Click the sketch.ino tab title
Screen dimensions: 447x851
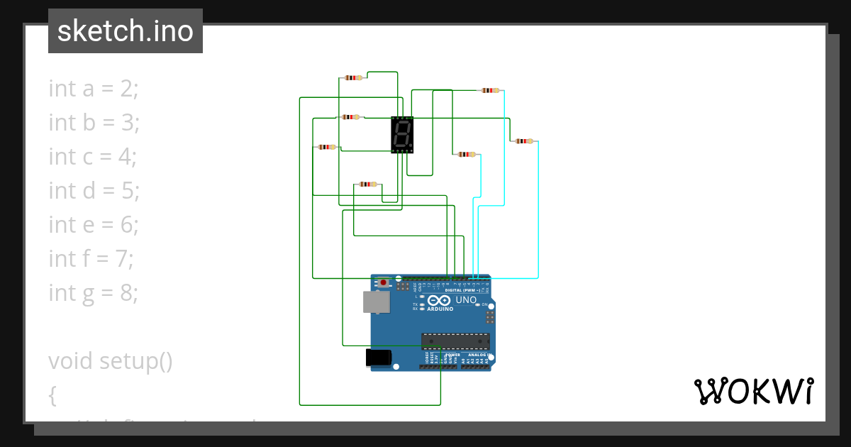tap(126, 31)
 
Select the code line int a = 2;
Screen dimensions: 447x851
tap(93, 89)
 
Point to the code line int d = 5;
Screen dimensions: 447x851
tap(94, 191)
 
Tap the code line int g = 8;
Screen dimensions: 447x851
tap(94, 292)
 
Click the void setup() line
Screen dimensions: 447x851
tap(111, 361)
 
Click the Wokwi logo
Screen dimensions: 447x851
tap(753, 391)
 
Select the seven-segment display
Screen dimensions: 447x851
tap(402, 135)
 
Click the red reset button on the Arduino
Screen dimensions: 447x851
tap(384, 282)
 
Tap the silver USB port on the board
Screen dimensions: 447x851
tap(376, 302)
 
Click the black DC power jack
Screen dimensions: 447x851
tap(378, 358)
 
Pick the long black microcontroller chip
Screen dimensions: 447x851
tap(455, 341)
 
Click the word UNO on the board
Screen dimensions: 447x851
tap(466, 300)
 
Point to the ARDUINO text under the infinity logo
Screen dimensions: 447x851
tap(440, 309)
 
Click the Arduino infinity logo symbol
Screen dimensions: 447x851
tap(440, 300)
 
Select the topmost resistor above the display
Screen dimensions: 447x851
tap(353, 77)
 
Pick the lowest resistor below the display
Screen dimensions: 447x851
tap(367, 184)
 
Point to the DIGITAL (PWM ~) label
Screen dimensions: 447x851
tap(462, 290)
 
